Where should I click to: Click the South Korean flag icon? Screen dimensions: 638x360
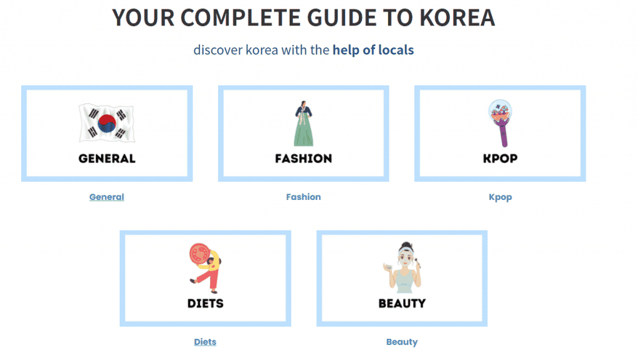click(x=107, y=123)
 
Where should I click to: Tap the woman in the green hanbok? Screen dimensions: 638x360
click(x=303, y=123)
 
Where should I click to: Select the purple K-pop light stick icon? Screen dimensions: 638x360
click(x=500, y=123)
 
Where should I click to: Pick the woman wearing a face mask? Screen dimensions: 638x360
click(x=402, y=268)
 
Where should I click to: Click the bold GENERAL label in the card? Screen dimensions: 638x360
click(x=107, y=159)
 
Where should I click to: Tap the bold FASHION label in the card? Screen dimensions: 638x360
click(x=303, y=159)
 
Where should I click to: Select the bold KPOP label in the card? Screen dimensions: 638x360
click(x=500, y=159)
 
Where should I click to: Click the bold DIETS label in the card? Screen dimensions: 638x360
click(x=206, y=303)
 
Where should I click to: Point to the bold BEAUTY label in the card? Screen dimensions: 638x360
click(x=402, y=303)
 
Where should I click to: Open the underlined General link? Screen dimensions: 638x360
click(x=107, y=197)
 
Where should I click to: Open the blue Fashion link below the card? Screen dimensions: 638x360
click(x=303, y=197)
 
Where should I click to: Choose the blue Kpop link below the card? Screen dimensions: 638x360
click(x=500, y=197)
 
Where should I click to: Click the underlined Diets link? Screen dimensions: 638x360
click(x=205, y=342)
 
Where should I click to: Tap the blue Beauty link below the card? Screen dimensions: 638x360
click(x=402, y=342)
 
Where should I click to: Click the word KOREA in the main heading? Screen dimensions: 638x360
click(x=457, y=18)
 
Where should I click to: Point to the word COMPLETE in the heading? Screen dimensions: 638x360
click(x=240, y=18)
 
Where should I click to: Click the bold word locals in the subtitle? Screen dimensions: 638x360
click(x=396, y=50)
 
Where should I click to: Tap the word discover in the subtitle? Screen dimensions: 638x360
click(x=217, y=50)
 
